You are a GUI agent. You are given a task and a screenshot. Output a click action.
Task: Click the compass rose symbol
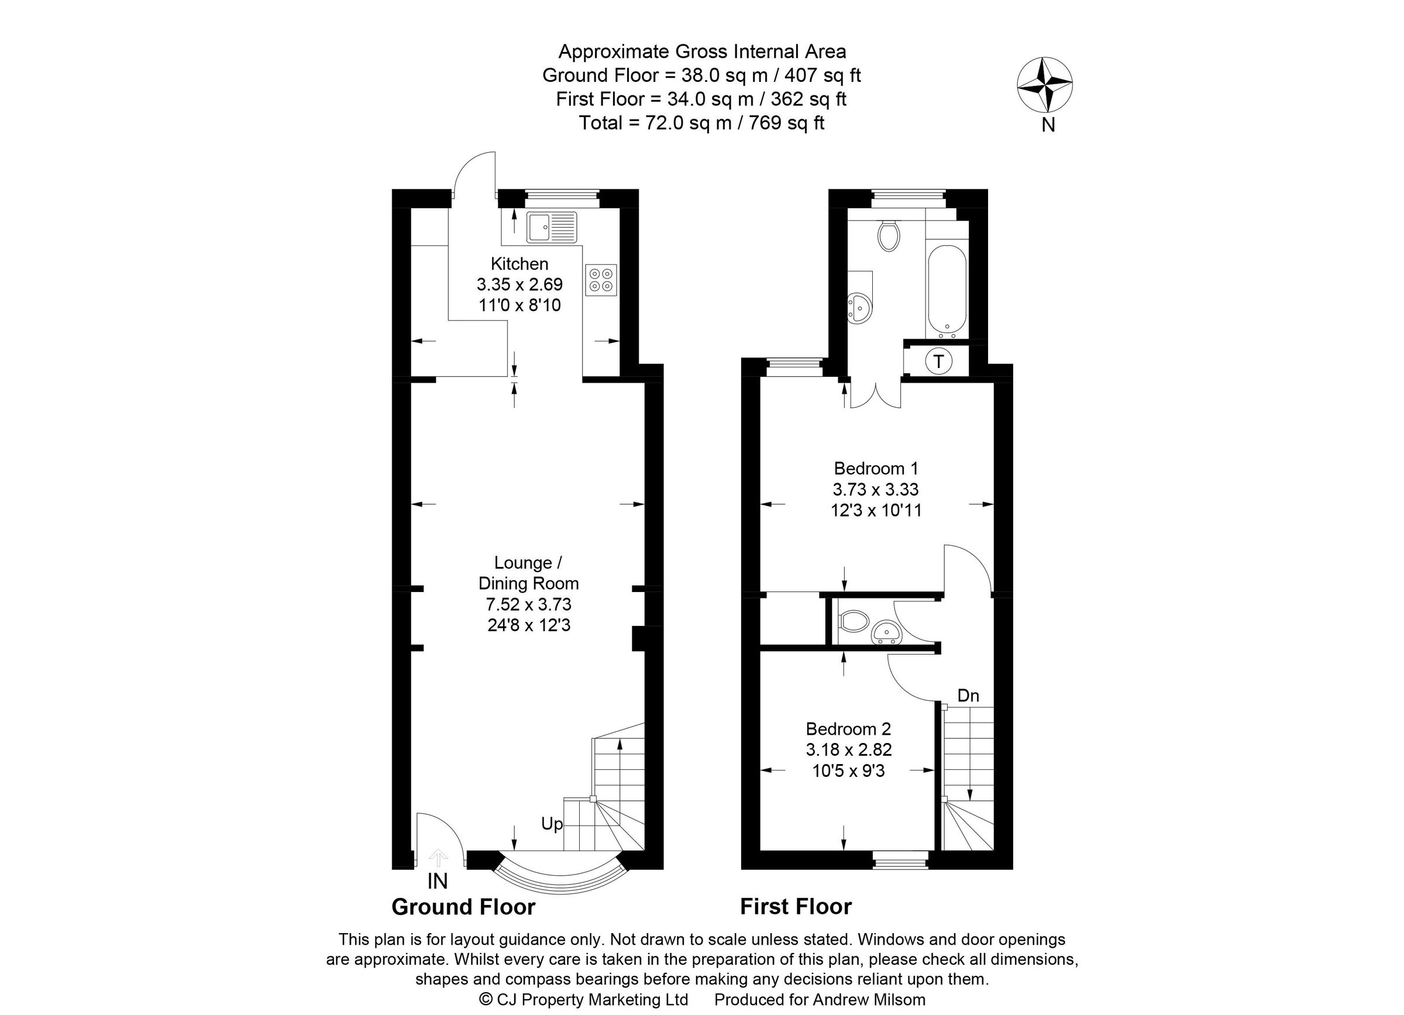[x=1044, y=85]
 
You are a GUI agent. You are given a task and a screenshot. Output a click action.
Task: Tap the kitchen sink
[x=551, y=227]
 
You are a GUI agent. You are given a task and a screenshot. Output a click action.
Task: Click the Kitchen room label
[x=519, y=264]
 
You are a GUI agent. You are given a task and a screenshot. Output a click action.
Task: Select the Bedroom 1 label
[x=875, y=468]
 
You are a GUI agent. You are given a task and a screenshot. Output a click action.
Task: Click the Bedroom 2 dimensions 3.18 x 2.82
[x=848, y=749]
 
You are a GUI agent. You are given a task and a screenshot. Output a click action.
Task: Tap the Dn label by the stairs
[x=968, y=696]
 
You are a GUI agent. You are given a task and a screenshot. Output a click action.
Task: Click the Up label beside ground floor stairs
[x=552, y=824]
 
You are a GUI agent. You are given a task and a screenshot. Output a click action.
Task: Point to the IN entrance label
[x=437, y=880]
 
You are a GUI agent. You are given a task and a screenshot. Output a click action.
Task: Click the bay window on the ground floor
[x=559, y=876]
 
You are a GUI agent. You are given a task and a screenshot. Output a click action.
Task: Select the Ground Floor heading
[x=463, y=907]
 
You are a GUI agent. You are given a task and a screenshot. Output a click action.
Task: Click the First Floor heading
[x=796, y=907]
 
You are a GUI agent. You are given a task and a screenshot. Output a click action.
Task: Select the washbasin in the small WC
[x=886, y=633]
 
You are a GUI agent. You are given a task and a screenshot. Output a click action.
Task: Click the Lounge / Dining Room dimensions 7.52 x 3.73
[x=528, y=604]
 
